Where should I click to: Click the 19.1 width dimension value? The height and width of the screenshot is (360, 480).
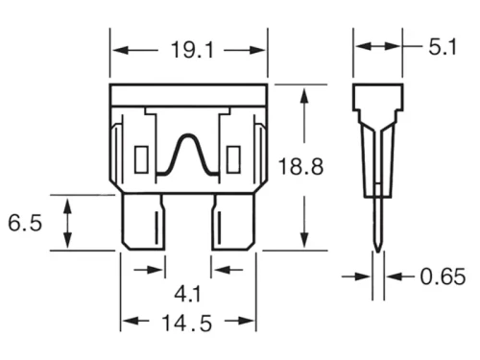[x=192, y=50]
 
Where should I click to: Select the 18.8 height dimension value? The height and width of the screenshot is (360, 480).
[x=300, y=166]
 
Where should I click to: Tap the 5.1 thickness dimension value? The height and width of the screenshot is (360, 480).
[x=443, y=47]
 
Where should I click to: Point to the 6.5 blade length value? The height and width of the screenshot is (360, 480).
[x=25, y=223]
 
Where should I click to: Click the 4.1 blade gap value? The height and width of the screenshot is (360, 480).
[x=187, y=294]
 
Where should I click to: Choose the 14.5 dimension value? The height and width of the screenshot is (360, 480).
[x=187, y=324]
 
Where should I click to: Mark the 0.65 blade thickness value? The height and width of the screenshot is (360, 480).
[x=443, y=276]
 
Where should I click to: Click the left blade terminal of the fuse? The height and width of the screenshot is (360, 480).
[x=143, y=222]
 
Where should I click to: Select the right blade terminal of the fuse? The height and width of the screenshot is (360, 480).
[x=233, y=222]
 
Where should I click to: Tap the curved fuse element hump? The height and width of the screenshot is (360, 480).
[x=188, y=135]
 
